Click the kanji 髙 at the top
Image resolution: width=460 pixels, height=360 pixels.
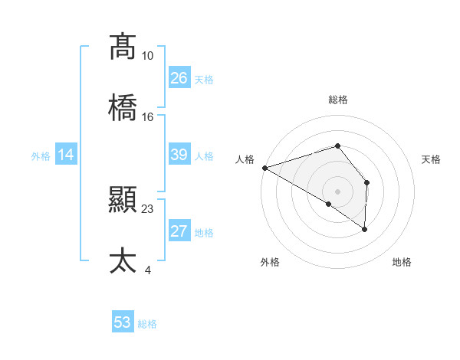click(123, 47)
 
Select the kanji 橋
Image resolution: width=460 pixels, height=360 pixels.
click(123, 108)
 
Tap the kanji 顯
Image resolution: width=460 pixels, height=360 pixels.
click(123, 200)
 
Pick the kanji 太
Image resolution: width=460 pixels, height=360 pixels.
click(123, 261)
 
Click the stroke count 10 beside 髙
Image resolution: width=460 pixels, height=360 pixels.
click(147, 56)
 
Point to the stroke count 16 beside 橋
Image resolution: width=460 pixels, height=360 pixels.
click(147, 117)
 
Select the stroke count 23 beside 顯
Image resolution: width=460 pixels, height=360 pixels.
click(147, 208)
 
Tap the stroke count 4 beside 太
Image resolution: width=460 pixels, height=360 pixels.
click(147, 270)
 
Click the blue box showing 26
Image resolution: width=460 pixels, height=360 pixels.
click(179, 77)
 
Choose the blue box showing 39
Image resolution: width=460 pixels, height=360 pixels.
click(179, 155)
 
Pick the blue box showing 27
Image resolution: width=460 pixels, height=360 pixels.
click(179, 231)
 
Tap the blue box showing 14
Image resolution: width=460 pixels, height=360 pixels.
click(66, 155)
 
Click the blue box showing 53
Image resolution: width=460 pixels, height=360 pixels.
click(123, 322)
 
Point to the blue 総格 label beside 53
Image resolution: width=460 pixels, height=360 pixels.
click(147, 324)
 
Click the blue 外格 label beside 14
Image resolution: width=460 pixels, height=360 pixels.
click(41, 155)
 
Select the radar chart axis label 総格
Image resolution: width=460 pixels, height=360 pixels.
click(337, 100)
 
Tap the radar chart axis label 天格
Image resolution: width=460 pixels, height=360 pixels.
click(432, 159)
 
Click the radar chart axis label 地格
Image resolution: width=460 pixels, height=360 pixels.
click(402, 262)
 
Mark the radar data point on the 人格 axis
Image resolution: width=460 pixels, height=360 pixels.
click(264, 167)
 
